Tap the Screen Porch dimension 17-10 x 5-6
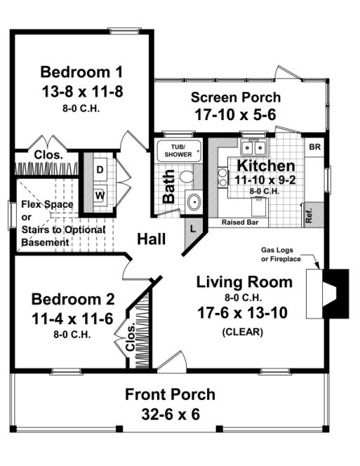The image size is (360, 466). (x=235, y=113)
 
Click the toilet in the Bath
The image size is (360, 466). (x=187, y=177)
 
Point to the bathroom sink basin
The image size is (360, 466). (x=193, y=202)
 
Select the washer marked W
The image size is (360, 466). (x=100, y=195)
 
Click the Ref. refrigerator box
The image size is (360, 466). (x=309, y=213)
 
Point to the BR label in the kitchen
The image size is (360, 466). (x=315, y=147)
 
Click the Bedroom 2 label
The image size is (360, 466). (x=72, y=299)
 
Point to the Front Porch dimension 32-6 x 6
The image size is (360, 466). (x=171, y=414)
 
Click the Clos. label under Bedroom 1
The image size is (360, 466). (x=48, y=154)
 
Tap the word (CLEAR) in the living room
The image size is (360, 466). (x=243, y=332)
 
